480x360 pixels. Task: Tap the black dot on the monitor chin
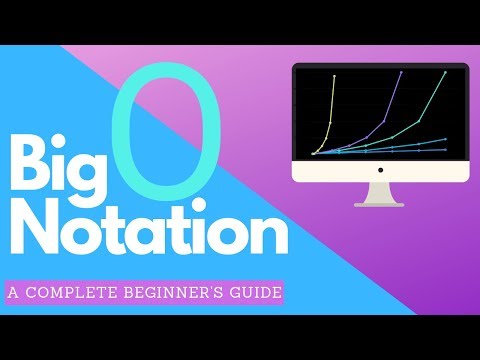[x=381, y=171]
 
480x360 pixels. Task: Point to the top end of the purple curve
[x=401, y=73]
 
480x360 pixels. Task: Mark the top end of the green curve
[x=446, y=72]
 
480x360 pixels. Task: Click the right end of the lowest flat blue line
[x=446, y=149]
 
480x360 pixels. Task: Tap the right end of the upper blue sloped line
[x=446, y=139]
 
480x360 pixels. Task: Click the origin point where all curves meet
[x=313, y=153]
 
